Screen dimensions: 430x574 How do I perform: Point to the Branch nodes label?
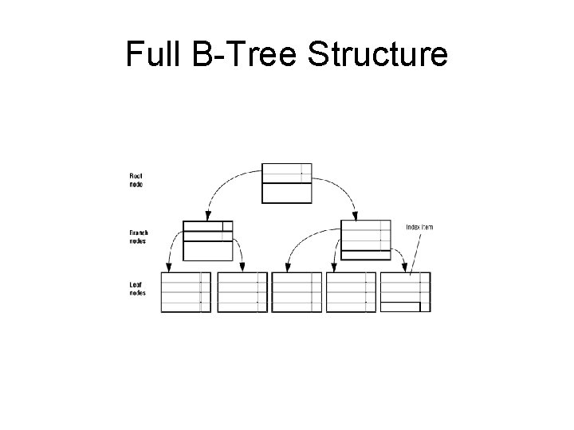(139, 236)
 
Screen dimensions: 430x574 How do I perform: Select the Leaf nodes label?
(137, 288)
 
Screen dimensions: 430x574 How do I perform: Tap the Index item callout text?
(419, 227)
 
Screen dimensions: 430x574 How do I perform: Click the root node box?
(286, 183)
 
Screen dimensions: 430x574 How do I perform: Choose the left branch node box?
(207, 240)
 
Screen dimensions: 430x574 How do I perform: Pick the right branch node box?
(365, 239)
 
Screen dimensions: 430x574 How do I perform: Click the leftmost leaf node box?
(186, 292)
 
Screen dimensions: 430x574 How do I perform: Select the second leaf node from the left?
(242, 292)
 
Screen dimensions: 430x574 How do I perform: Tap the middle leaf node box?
(297, 292)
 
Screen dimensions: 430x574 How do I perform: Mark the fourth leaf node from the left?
(351, 292)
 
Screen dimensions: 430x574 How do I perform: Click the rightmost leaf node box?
(406, 292)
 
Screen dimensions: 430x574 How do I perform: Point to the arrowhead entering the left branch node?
(206, 216)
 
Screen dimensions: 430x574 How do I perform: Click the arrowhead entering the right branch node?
(356, 215)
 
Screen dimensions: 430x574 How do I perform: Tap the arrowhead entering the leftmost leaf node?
(168, 268)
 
